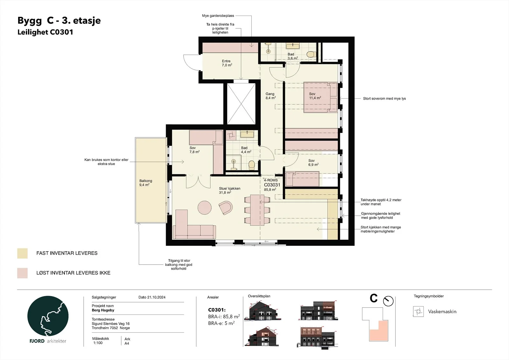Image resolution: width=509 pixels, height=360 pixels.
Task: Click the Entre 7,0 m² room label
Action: (227, 63)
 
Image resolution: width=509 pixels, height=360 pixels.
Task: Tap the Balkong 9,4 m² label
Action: (146, 183)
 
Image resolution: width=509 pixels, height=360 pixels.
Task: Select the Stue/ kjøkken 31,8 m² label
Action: (229, 190)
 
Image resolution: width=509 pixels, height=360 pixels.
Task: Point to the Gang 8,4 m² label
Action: (270, 96)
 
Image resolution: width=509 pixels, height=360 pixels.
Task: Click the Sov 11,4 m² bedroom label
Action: (315, 96)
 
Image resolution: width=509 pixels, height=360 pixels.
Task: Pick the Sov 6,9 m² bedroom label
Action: (313, 163)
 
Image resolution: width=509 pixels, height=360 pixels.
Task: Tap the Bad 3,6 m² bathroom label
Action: (292, 56)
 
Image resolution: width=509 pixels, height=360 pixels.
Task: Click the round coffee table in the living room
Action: (205, 208)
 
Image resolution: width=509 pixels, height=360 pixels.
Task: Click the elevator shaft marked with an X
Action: (241, 104)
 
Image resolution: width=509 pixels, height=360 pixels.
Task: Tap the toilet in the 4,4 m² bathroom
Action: (252, 165)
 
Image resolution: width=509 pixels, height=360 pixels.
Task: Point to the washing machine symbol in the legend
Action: (418, 311)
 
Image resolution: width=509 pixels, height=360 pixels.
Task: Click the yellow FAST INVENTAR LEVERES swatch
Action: (22, 253)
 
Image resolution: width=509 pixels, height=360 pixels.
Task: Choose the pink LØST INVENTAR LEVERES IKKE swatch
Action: (22, 273)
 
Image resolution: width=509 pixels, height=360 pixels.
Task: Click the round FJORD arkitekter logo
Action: (48, 316)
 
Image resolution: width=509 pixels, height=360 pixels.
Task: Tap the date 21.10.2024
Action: (156, 297)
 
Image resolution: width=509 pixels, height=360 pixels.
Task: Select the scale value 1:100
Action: (98, 343)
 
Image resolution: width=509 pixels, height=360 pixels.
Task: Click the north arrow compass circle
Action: (388, 301)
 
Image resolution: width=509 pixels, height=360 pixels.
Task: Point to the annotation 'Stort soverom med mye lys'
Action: (384, 99)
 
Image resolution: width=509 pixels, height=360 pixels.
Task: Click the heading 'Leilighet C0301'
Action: (45, 32)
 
